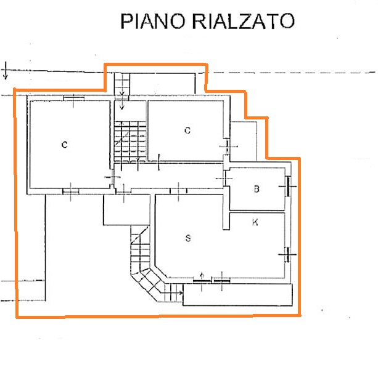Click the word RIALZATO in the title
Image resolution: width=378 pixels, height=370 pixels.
pyautogui.click(x=244, y=21)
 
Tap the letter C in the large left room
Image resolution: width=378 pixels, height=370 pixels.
pyautogui.click(x=64, y=145)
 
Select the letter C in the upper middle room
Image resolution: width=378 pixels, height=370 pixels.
pyautogui.click(x=187, y=131)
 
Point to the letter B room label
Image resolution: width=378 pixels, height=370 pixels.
pyautogui.click(x=257, y=189)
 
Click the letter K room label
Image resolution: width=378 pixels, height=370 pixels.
pyautogui.click(x=255, y=222)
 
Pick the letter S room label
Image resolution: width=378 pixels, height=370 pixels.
pyautogui.click(x=188, y=238)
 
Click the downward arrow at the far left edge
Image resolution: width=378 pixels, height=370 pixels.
pyautogui.click(x=6, y=70)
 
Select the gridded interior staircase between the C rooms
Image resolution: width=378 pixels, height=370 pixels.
pyautogui.click(x=130, y=142)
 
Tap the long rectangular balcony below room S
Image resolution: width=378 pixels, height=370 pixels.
pyautogui.click(x=237, y=295)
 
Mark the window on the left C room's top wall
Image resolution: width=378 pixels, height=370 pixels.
pyautogui.click(x=74, y=99)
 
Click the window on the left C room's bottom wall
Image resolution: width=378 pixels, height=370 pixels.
pyautogui.click(x=71, y=191)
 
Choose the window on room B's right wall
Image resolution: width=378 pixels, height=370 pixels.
pyautogui.click(x=288, y=187)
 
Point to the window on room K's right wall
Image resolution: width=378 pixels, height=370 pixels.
pyautogui.click(x=287, y=254)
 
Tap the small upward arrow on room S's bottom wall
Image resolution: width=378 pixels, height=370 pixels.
pyautogui.click(x=202, y=276)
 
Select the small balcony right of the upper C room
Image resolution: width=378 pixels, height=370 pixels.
pyautogui.click(x=244, y=142)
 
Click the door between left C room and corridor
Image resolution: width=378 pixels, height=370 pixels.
pyautogui.click(x=112, y=177)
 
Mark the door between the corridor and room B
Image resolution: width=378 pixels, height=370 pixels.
pyautogui.click(x=224, y=179)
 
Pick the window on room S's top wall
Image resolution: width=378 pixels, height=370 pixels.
pyautogui.click(x=179, y=191)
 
